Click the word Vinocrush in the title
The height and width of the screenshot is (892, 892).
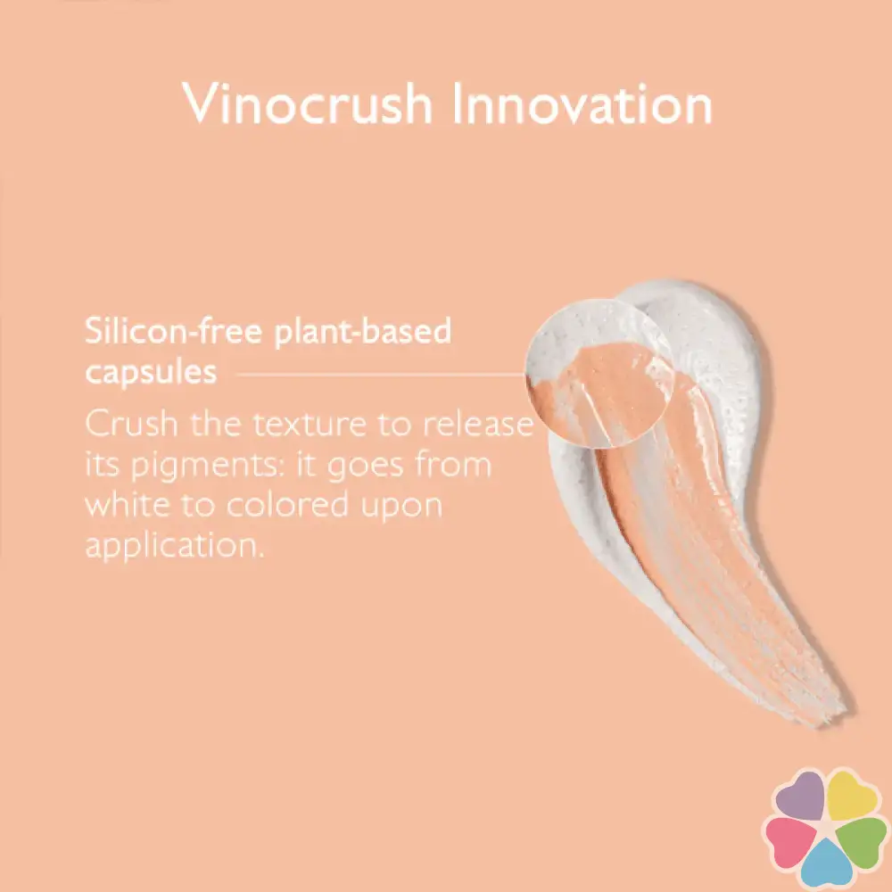coord(307,103)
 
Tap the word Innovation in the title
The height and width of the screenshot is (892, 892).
coord(582,103)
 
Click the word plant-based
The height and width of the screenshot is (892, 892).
coord(363,332)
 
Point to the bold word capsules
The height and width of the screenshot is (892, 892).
coord(151,373)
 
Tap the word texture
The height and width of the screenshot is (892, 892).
coord(309,425)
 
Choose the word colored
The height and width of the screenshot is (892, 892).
coord(287,505)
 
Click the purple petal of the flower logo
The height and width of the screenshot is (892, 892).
coord(800,796)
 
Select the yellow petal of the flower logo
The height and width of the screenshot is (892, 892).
coord(852,794)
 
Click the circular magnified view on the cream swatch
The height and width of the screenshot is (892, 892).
coord(599,373)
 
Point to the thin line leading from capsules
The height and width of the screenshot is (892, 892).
coord(380,375)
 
